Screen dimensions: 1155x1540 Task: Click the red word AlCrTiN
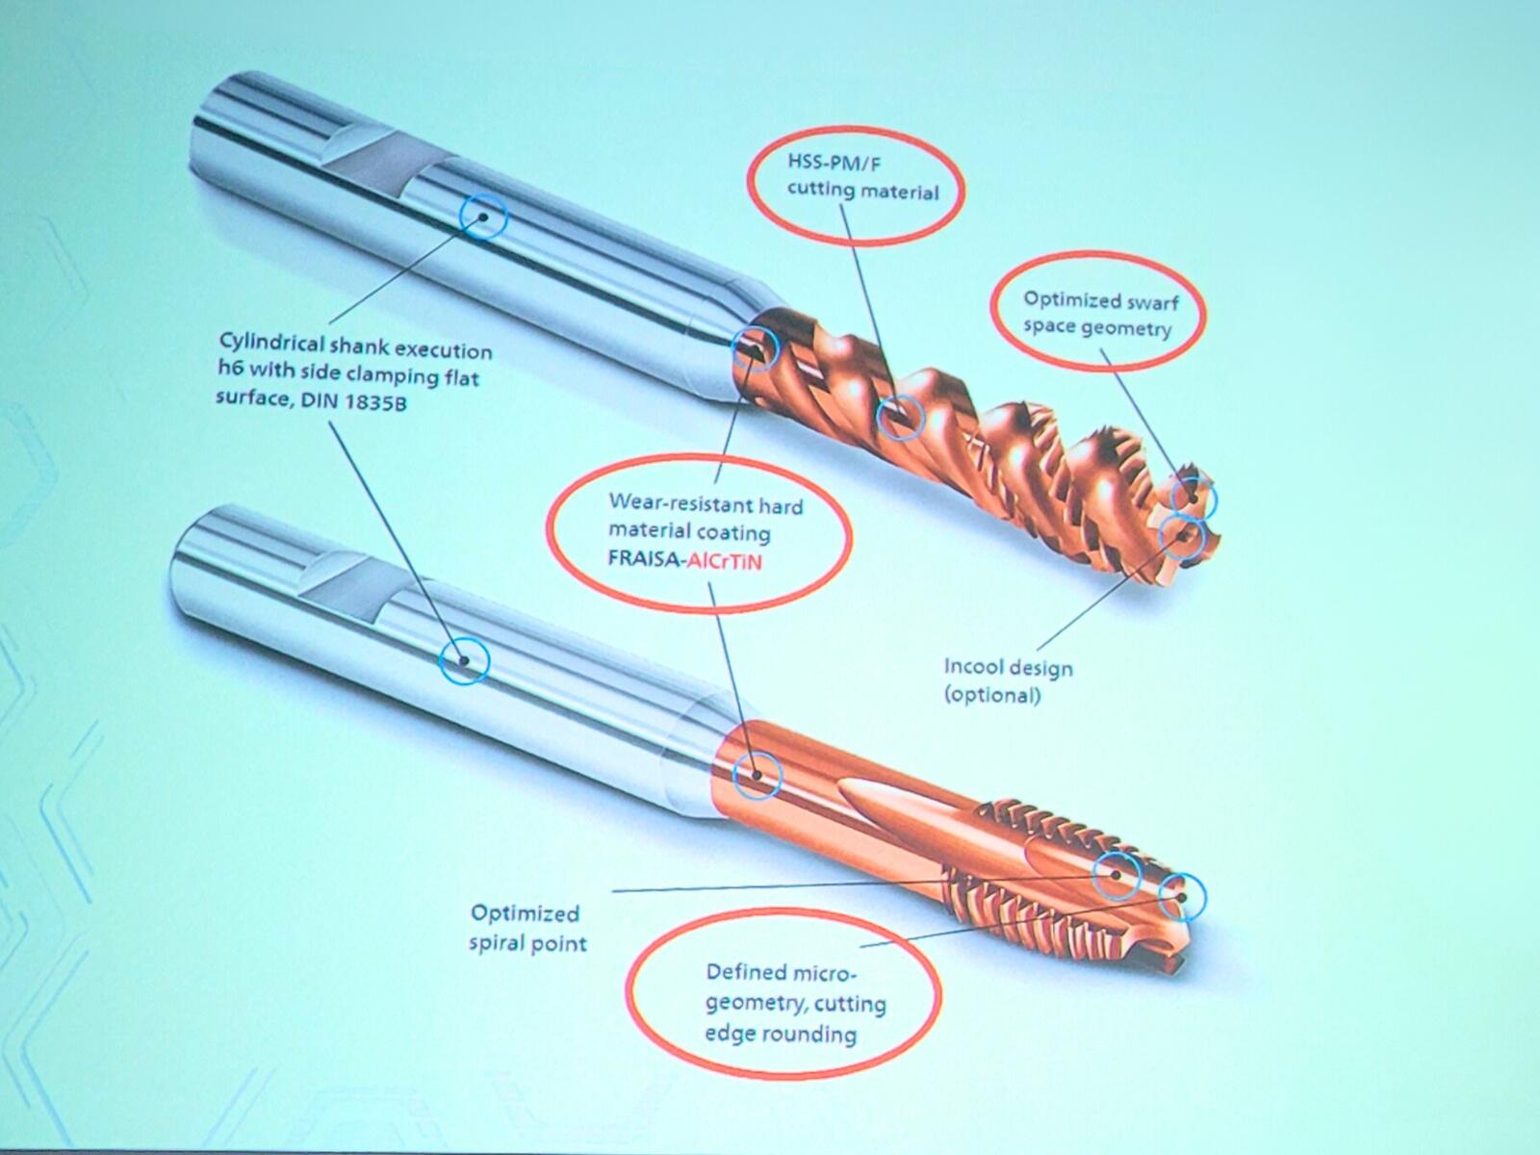(722, 559)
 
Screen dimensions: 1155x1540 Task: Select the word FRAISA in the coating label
(642, 557)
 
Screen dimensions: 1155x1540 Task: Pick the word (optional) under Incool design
(991, 694)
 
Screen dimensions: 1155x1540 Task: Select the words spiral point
(527, 942)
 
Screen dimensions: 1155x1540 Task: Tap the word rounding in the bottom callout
(808, 1035)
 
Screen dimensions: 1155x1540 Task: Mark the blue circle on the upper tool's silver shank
(483, 218)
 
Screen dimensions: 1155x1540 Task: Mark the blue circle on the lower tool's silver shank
(464, 662)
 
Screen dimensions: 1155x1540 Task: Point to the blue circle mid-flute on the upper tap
(902, 417)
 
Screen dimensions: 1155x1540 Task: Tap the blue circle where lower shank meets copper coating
(757, 774)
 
